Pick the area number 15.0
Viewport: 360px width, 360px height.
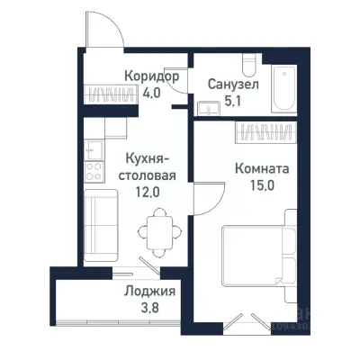[x=262, y=184]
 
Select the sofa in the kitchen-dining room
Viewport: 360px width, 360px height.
[x=96, y=221]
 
